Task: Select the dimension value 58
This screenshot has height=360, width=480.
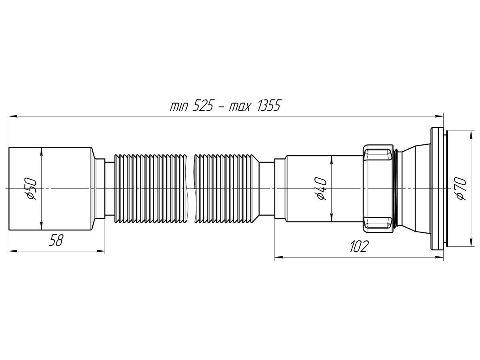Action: [x=56, y=241]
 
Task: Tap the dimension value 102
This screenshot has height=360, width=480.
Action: [x=358, y=247]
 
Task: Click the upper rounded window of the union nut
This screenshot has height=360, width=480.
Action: [x=378, y=154]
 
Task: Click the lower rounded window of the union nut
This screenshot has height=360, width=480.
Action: [x=378, y=223]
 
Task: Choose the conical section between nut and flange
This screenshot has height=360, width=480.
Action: [x=414, y=188]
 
